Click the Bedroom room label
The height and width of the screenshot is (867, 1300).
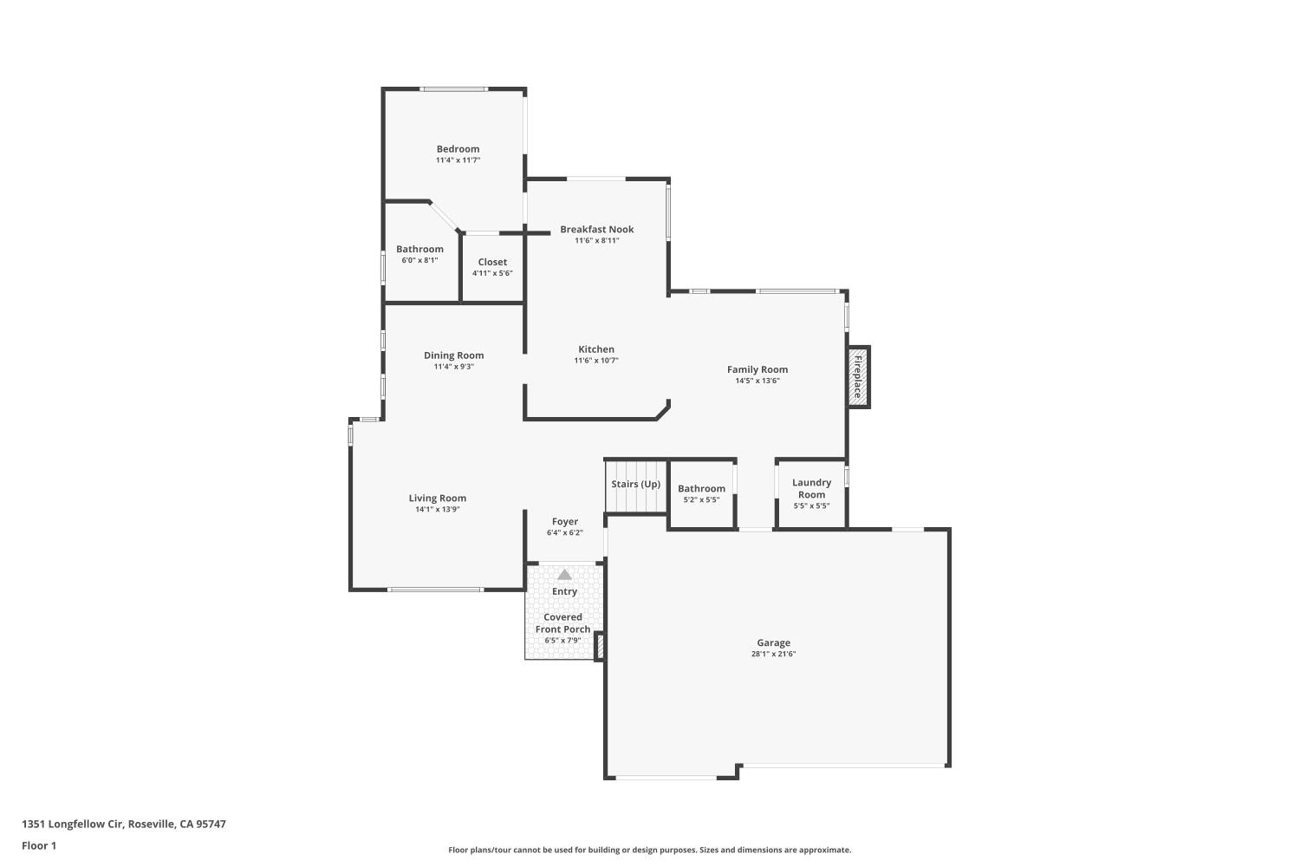458,149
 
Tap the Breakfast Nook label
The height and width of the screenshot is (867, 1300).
596,230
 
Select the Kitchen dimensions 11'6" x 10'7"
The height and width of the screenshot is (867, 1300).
596,361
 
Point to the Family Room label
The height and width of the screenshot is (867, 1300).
757,369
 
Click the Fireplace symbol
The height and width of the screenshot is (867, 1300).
858,376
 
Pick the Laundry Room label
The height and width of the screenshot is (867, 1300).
811,489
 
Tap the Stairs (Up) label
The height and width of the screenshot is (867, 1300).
635,485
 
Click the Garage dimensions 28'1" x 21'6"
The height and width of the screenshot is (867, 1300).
773,655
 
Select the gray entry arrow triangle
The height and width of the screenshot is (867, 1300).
564,574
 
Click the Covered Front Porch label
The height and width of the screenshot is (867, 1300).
562,623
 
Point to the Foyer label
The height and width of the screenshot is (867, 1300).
564,522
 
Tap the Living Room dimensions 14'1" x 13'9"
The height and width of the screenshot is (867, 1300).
437,510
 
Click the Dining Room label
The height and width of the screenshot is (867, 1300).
453,355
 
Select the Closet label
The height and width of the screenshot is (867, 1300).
492,262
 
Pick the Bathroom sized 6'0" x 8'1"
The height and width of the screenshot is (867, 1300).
419,250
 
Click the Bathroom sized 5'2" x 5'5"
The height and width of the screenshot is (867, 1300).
701,489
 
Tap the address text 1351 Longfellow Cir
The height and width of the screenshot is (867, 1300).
123,824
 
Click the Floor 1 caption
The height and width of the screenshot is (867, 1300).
39,845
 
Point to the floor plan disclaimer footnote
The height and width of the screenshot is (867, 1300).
649,850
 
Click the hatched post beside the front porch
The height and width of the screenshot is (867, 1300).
599,647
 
